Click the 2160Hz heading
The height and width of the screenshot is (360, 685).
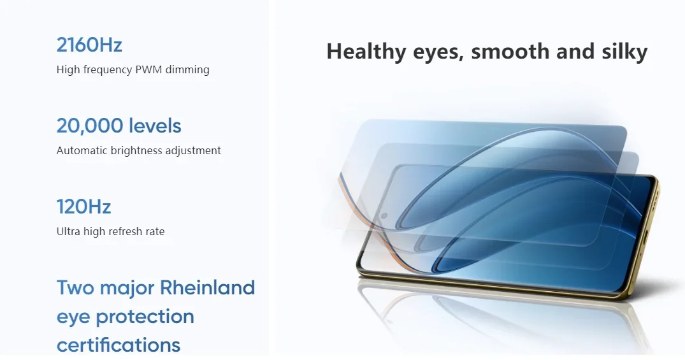[x=89, y=45]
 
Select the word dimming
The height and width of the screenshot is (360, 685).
[x=187, y=69]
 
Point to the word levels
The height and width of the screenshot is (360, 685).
[x=148, y=126]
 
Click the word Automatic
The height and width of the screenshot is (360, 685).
[x=82, y=150]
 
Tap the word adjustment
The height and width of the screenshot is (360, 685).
[x=196, y=151]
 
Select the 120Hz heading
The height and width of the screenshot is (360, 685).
[x=84, y=206]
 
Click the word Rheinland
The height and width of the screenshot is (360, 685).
[x=207, y=287]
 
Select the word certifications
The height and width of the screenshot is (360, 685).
[x=119, y=345]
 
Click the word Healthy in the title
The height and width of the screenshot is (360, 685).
[x=366, y=52]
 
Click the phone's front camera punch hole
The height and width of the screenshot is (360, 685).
[x=384, y=216]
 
